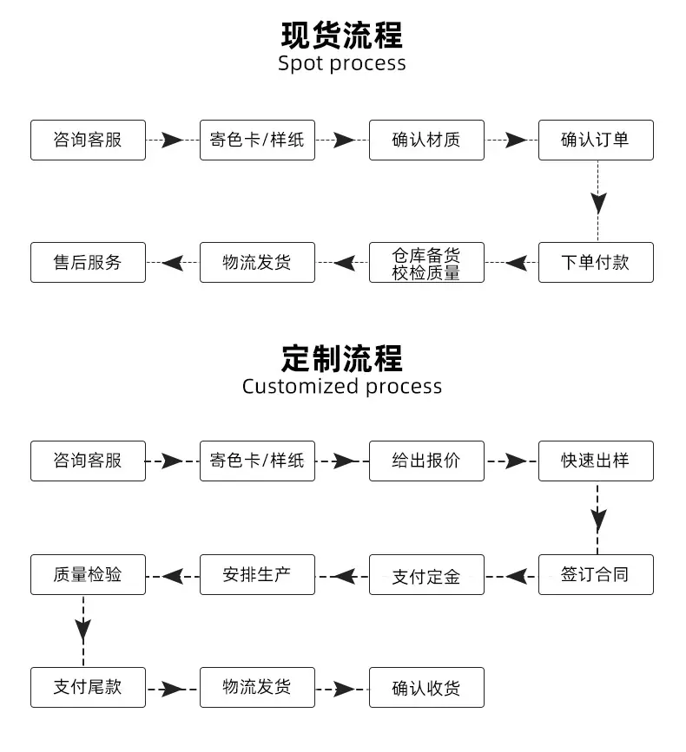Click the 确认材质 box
point(426,140)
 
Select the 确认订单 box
point(596,140)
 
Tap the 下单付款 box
point(596,262)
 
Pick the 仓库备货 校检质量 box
point(426,262)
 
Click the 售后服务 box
point(88,262)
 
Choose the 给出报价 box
point(426,461)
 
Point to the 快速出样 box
point(596,461)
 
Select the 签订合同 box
point(596,574)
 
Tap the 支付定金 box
point(426,574)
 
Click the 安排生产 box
point(257,574)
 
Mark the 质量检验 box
point(88,574)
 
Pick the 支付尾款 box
point(88,687)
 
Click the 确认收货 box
point(426,687)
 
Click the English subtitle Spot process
point(342,63)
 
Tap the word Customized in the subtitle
point(300,386)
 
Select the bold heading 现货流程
point(342,35)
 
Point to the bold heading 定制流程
point(342,358)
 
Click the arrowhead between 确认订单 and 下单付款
point(598,203)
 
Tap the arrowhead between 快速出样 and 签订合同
point(598,520)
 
